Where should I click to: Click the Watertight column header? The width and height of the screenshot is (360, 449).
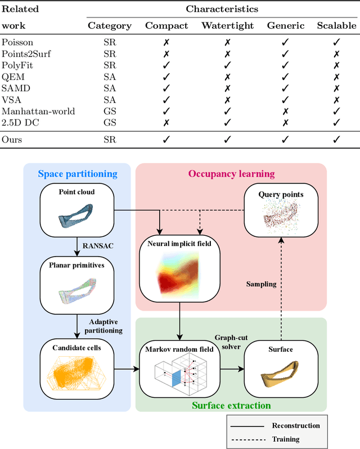(x=228, y=25)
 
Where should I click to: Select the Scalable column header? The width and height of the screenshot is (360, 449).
(x=336, y=25)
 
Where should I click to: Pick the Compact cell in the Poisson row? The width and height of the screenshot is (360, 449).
(x=166, y=42)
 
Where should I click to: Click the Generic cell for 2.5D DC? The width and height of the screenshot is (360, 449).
(x=286, y=123)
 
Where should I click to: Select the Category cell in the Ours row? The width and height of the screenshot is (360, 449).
(x=110, y=140)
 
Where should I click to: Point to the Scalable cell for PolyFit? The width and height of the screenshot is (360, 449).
(x=336, y=65)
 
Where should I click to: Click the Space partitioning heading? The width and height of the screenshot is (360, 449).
(x=77, y=174)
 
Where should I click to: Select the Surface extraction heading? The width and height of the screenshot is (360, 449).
(x=231, y=405)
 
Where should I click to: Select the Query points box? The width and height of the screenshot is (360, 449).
(x=281, y=213)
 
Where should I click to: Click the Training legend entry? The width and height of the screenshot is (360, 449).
(x=286, y=439)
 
